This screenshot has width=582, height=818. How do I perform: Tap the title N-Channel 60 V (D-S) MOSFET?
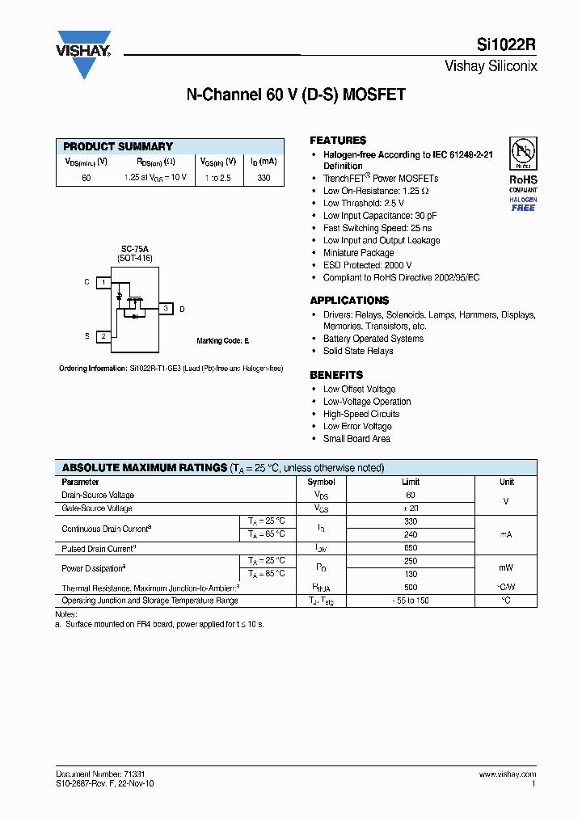(296, 95)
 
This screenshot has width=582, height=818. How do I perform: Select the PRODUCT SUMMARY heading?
(118, 146)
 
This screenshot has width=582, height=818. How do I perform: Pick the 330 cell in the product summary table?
(264, 178)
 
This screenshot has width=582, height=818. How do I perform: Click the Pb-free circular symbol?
(522, 154)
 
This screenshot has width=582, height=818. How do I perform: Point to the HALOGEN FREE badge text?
(522, 204)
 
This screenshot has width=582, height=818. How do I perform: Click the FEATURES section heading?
(338, 140)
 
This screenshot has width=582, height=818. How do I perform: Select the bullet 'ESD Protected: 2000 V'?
(367, 265)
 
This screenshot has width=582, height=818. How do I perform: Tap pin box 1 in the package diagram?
(103, 282)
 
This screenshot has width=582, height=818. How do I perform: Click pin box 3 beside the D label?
(165, 309)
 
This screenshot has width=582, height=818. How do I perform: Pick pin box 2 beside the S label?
(103, 335)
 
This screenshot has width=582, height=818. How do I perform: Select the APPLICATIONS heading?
(349, 300)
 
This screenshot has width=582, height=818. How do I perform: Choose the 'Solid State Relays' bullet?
(358, 351)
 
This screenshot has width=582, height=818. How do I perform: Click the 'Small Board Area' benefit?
(356, 439)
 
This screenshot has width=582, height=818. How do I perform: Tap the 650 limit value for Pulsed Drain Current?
(411, 548)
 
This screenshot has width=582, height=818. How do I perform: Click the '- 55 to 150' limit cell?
(411, 601)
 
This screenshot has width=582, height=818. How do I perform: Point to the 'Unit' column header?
(506, 482)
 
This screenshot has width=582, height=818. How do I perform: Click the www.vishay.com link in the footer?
(506, 774)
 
